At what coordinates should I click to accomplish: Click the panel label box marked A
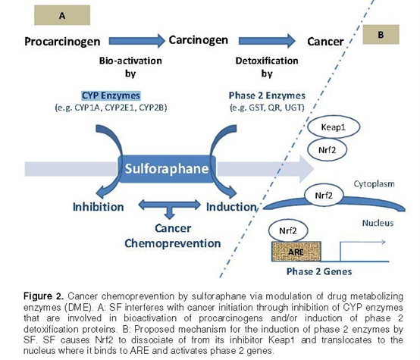click(62, 15)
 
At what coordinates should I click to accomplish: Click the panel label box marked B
click(381, 35)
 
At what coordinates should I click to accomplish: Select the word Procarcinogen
click(62, 42)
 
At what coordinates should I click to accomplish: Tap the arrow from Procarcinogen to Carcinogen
click(136, 41)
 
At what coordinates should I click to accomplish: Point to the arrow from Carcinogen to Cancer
click(267, 41)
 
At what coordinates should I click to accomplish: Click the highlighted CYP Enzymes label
click(111, 95)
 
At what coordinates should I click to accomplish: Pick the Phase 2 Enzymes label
click(267, 95)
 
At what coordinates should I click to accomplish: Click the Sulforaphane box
click(167, 169)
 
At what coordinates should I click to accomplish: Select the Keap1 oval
click(334, 127)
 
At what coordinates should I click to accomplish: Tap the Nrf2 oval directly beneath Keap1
click(327, 150)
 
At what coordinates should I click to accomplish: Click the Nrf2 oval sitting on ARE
click(288, 230)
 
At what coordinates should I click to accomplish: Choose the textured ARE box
click(296, 252)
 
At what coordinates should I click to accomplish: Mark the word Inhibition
click(99, 207)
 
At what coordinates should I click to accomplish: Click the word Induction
click(231, 207)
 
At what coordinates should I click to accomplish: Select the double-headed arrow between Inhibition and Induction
click(169, 205)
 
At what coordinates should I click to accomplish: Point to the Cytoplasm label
click(375, 184)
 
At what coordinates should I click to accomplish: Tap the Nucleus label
click(378, 223)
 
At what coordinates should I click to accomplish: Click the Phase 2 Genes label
click(319, 271)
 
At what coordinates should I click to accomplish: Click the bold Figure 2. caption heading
click(44, 296)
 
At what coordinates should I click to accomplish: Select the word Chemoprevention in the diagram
click(173, 243)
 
